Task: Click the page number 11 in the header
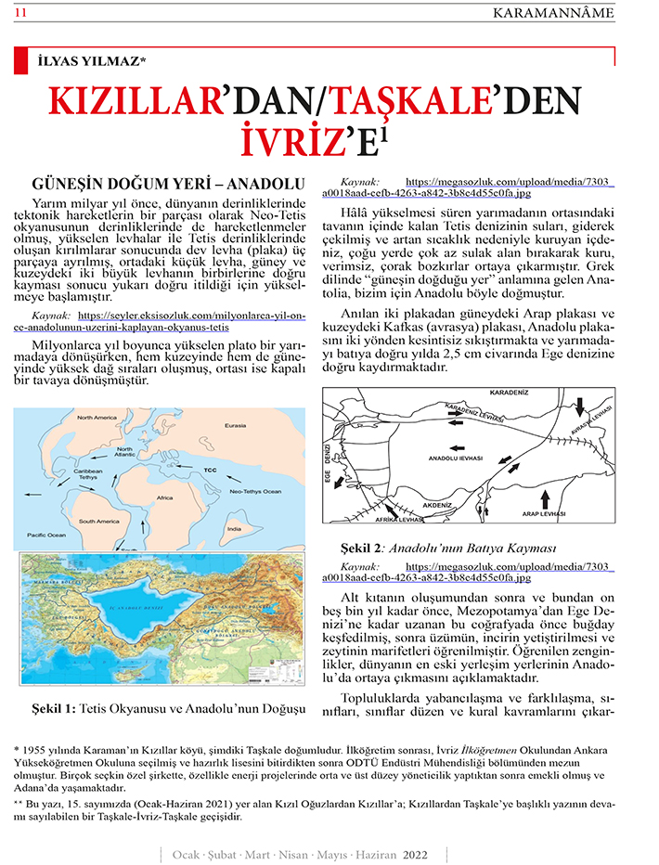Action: [19, 11]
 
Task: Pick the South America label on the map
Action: [99, 522]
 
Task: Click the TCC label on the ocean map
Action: [210, 458]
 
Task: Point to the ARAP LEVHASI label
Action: [541, 512]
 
